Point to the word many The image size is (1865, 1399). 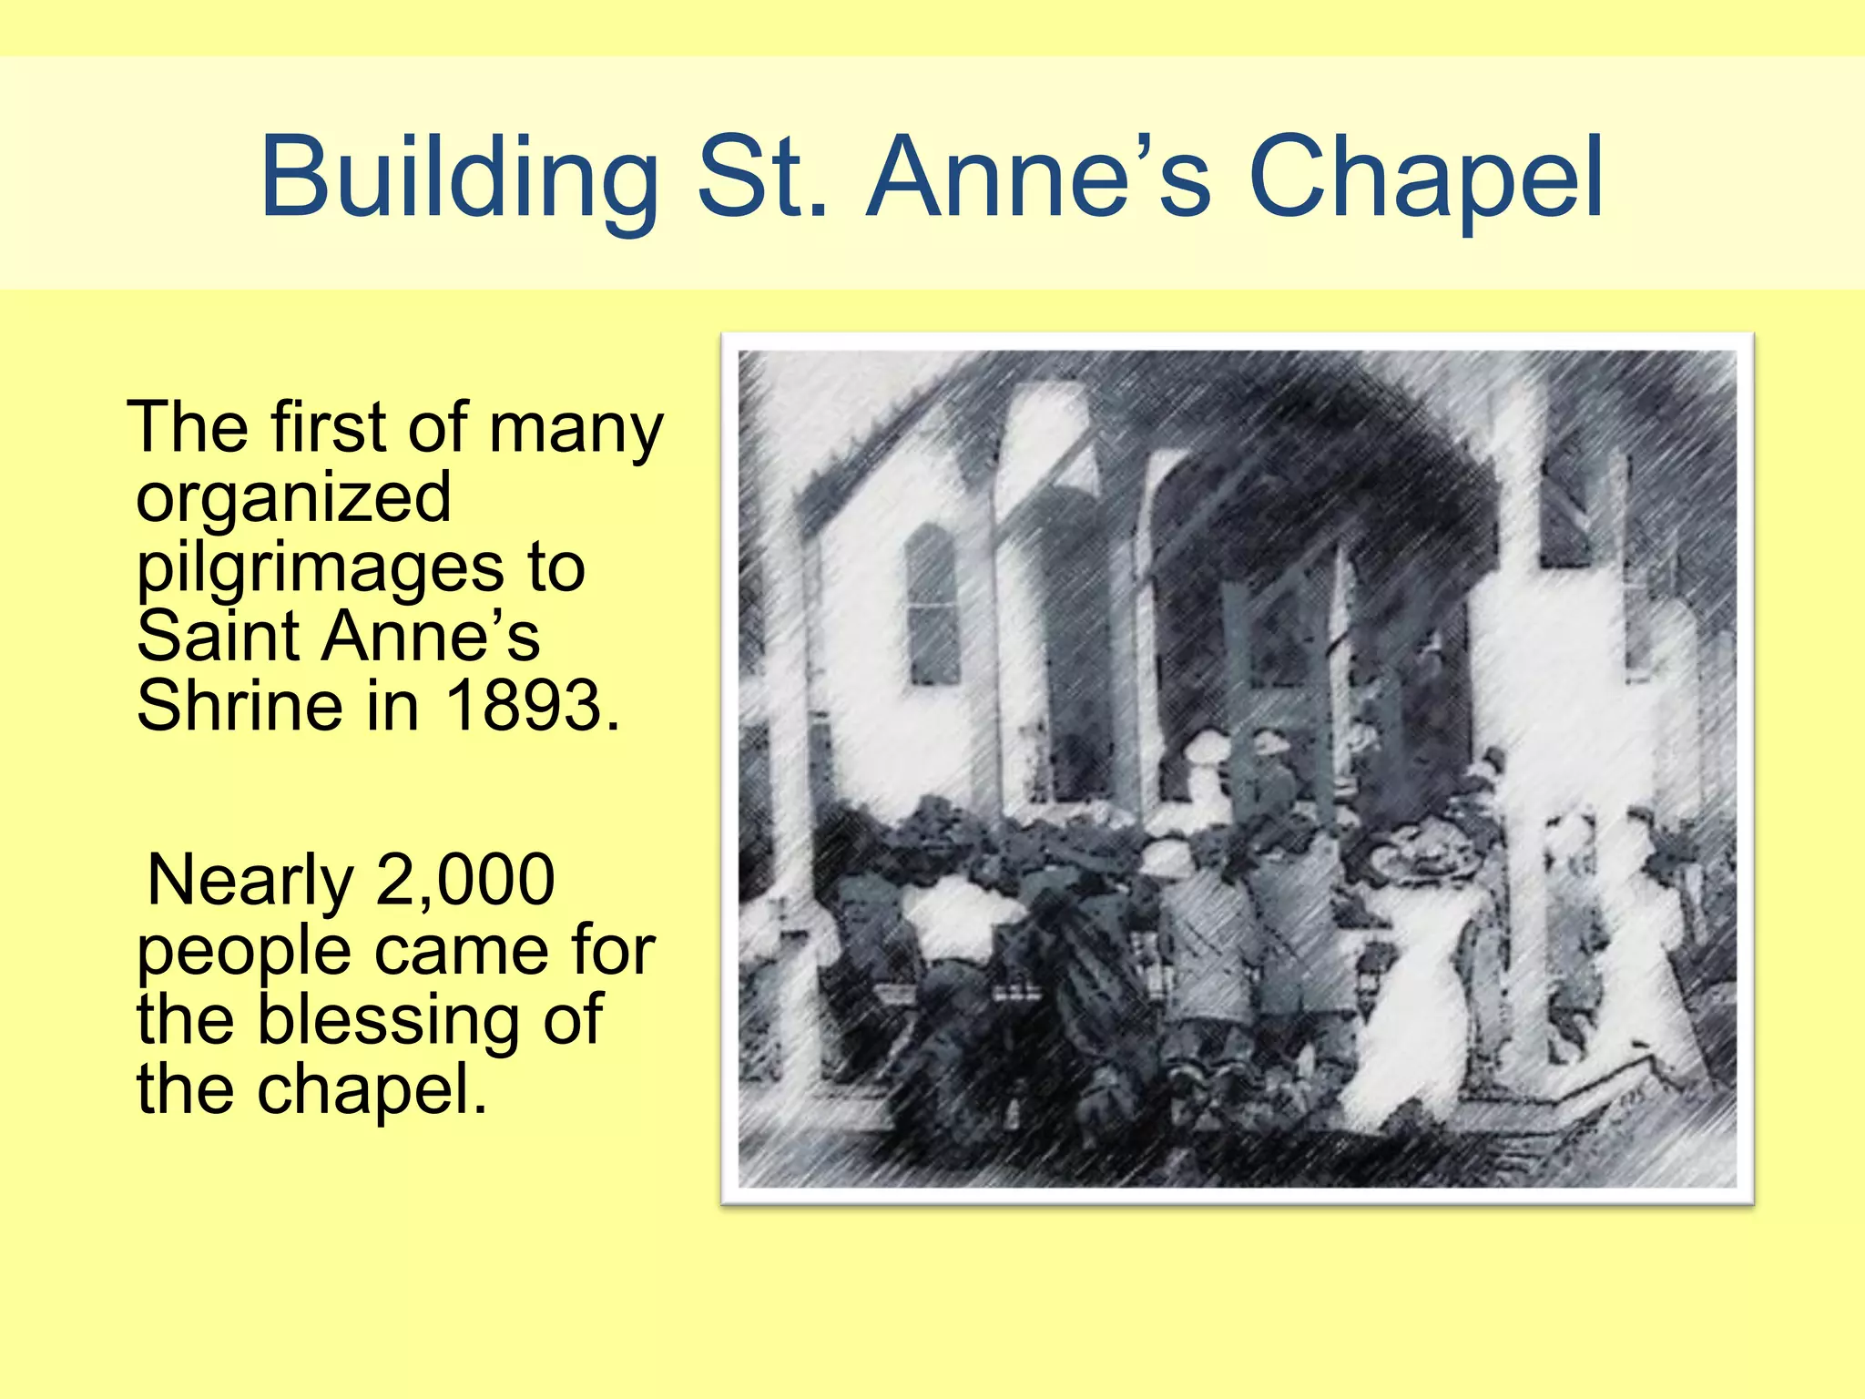point(576,428)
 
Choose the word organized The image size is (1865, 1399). point(293,499)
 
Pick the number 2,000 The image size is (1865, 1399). point(464,881)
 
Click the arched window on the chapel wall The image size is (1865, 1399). point(932,606)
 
